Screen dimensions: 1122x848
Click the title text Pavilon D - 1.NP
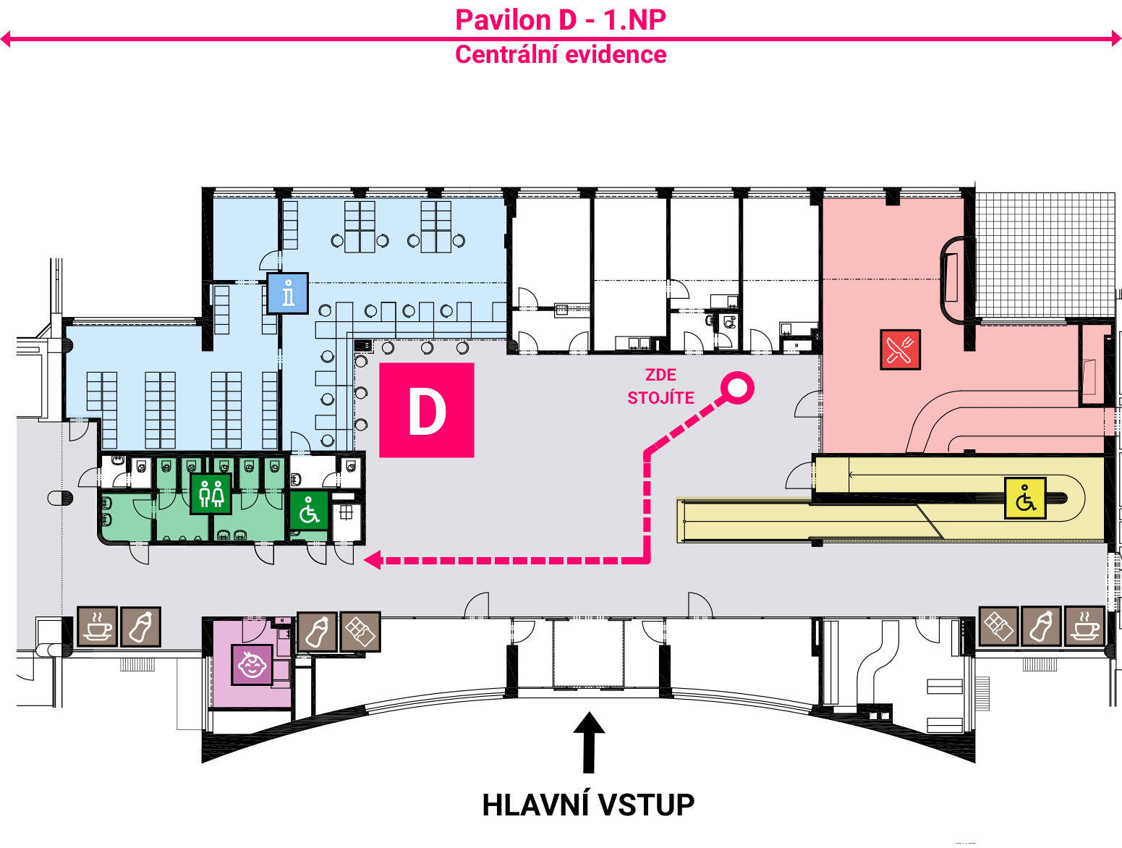(x=561, y=20)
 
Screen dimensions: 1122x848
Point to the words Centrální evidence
(x=561, y=54)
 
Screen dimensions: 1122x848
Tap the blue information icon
(x=288, y=293)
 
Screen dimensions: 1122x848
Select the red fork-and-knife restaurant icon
(x=900, y=349)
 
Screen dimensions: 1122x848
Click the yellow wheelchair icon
(x=1025, y=498)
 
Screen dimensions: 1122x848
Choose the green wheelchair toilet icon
(x=309, y=511)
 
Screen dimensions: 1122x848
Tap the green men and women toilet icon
(x=211, y=493)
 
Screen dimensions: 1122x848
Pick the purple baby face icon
(x=252, y=664)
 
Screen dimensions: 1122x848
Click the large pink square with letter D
(x=426, y=410)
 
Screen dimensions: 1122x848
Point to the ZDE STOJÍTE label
(x=660, y=386)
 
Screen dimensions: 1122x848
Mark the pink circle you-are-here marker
(x=737, y=387)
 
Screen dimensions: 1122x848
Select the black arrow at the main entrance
(x=589, y=742)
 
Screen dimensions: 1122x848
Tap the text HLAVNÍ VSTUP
(x=588, y=805)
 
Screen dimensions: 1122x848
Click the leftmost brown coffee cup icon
(x=98, y=627)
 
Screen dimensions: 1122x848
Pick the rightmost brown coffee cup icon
(x=1084, y=627)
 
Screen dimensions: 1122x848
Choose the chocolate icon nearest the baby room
(x=360, y=632)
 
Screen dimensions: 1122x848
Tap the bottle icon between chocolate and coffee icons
(x=1041, y=627)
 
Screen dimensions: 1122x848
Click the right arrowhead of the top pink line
(x=1117, y=38)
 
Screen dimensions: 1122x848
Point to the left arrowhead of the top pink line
(x=5, y=38)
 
